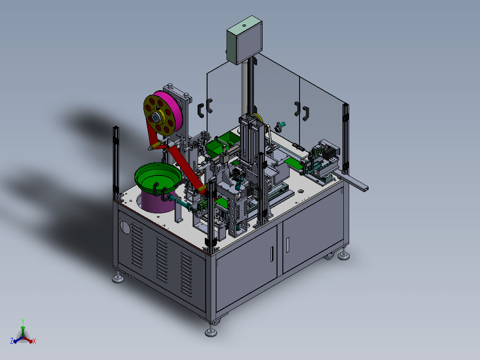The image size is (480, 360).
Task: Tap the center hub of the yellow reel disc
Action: click(x=157, y=117)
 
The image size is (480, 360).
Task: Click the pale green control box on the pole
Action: click(x=245, y=41)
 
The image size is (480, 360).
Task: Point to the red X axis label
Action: click(x=34, y=341)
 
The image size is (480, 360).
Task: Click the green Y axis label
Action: click(x=23, y=321)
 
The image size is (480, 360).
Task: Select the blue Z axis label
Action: click(x=12, y=341)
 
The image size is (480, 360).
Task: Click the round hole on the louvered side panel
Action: click(x=125, y=227)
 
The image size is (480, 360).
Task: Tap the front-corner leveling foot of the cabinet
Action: click(x=211, y=332)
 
